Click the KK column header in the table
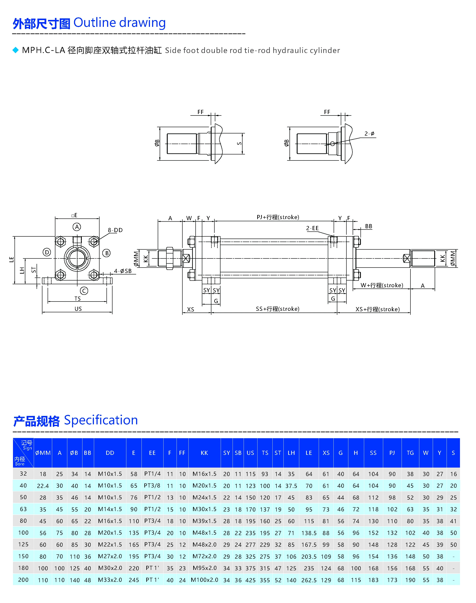(x=204, y=453)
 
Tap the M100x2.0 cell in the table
(x=204, y=580)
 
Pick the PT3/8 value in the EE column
(x=152, y=486)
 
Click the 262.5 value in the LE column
(x=309, y=580)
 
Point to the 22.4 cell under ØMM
(x=43, y=486)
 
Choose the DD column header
(x=110, y=453)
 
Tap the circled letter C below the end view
(x=84, y=291)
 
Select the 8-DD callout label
(x=115, y=230)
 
